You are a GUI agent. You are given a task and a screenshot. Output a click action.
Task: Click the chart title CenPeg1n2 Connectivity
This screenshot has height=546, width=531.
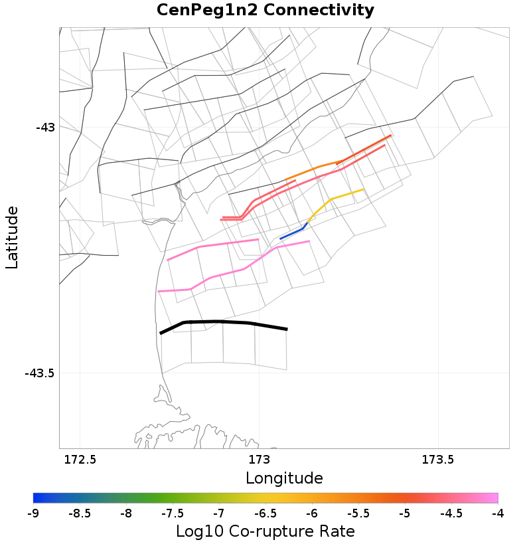265,11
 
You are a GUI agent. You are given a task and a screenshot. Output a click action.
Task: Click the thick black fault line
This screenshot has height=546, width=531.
219,322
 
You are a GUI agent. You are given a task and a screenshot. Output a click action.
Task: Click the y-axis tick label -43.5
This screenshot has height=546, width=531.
39,373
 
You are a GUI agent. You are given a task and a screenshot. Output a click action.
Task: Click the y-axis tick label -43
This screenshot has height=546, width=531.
46,127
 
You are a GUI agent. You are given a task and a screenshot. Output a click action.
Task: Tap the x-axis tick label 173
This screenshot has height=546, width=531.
258,460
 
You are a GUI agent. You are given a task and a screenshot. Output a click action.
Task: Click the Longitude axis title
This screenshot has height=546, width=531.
284,478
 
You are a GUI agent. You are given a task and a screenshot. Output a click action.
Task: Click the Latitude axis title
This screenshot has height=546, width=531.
12,237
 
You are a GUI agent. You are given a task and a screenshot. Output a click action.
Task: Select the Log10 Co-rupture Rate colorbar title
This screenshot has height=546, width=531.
265,532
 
